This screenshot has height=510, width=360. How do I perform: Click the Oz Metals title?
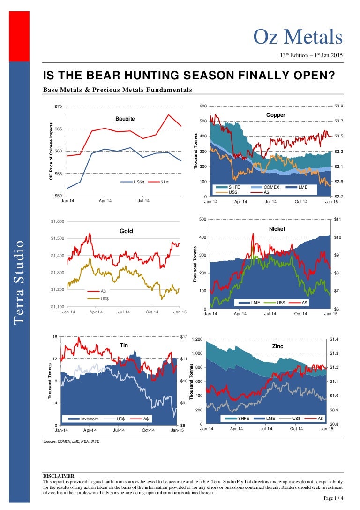pos(298,37)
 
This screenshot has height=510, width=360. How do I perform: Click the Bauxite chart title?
pos(125,119)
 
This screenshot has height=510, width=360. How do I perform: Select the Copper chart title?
pos(276,114)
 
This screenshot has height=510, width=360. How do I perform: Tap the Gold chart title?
pos(127,231)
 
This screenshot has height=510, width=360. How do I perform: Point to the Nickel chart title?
pos(277,229)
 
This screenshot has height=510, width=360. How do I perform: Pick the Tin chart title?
pos(124,345)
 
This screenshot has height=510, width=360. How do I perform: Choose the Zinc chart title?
pos(277,346)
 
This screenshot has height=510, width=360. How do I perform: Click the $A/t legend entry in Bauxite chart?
pos(165,182)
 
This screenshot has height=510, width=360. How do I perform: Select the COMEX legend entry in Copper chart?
pos(271,187)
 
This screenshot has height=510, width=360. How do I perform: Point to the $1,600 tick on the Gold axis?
pos(58,221)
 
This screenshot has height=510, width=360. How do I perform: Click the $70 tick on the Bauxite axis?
pos(58,107)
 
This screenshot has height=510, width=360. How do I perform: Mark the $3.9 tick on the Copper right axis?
pos(339,107)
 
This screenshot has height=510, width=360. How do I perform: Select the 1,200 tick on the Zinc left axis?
pos(195,339)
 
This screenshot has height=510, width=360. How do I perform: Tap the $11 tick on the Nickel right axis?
pos(337,219)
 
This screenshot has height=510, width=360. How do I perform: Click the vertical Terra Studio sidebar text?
pos(19,282)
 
